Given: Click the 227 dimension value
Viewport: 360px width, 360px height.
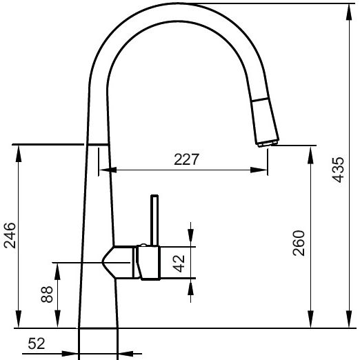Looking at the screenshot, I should click(186, 159).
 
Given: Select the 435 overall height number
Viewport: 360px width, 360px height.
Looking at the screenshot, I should click(338, 169).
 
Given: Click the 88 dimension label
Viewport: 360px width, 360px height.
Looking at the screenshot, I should click(47, 295).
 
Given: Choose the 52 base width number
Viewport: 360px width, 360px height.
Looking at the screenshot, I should click(39, 343).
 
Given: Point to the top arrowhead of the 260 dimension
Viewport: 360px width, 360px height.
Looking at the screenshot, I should click(312, 150).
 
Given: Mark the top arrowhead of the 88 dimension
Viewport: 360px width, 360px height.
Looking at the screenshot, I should click(58, 267).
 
